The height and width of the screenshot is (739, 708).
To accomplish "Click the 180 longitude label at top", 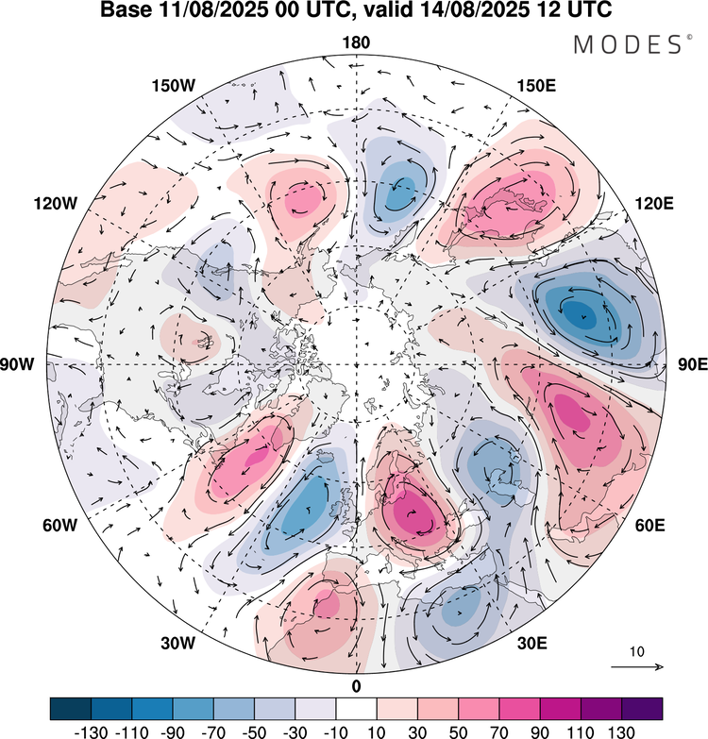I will (357, 42).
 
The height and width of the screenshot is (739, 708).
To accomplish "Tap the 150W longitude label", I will (173, 86).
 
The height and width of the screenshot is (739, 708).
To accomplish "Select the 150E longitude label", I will (536, 86).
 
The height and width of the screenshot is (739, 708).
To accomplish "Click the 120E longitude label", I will (657, 204).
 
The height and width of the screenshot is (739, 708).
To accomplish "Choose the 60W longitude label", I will (57, 525).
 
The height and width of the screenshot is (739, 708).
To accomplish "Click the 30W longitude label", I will (176, 644).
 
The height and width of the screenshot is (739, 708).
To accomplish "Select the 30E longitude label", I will (533, 644).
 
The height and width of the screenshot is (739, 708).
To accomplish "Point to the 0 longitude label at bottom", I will (357, 685).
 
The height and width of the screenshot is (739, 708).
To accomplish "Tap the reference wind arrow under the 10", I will (637, 667).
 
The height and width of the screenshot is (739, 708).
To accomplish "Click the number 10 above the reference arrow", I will (637, 651).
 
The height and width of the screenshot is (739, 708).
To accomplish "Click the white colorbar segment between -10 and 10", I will (356, 708).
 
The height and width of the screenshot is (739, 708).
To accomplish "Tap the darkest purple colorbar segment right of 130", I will (642, 708).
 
